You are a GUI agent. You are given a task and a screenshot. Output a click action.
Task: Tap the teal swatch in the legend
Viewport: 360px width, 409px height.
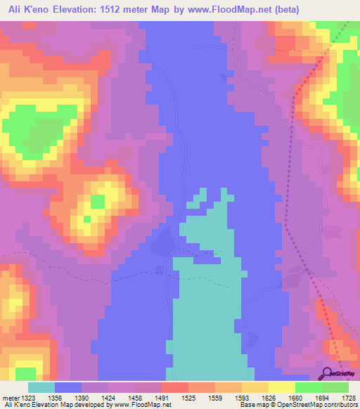pos(41,387)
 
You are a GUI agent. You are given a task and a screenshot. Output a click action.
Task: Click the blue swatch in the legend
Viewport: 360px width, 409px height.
pos(68,387)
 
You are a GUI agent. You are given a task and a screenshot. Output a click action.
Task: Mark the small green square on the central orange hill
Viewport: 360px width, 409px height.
pos(97,202)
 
